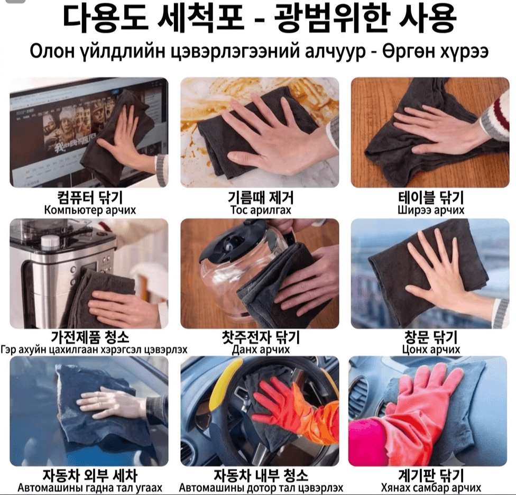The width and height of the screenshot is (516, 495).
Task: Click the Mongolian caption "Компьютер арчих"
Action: click(90, 210)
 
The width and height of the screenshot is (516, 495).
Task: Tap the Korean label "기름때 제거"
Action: click(260, 197)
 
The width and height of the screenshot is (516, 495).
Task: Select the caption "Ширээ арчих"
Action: click(431, 210)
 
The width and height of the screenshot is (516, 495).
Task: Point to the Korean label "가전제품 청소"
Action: click(90, 337)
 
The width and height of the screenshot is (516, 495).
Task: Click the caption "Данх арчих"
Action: click(261, 349)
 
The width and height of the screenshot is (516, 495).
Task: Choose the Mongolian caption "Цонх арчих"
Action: click(431, 349)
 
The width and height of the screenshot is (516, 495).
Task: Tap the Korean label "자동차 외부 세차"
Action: click(90, 475)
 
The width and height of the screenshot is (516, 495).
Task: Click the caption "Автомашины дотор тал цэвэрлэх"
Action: click(261, 488)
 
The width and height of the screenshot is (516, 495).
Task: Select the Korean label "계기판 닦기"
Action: click(431, 475)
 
